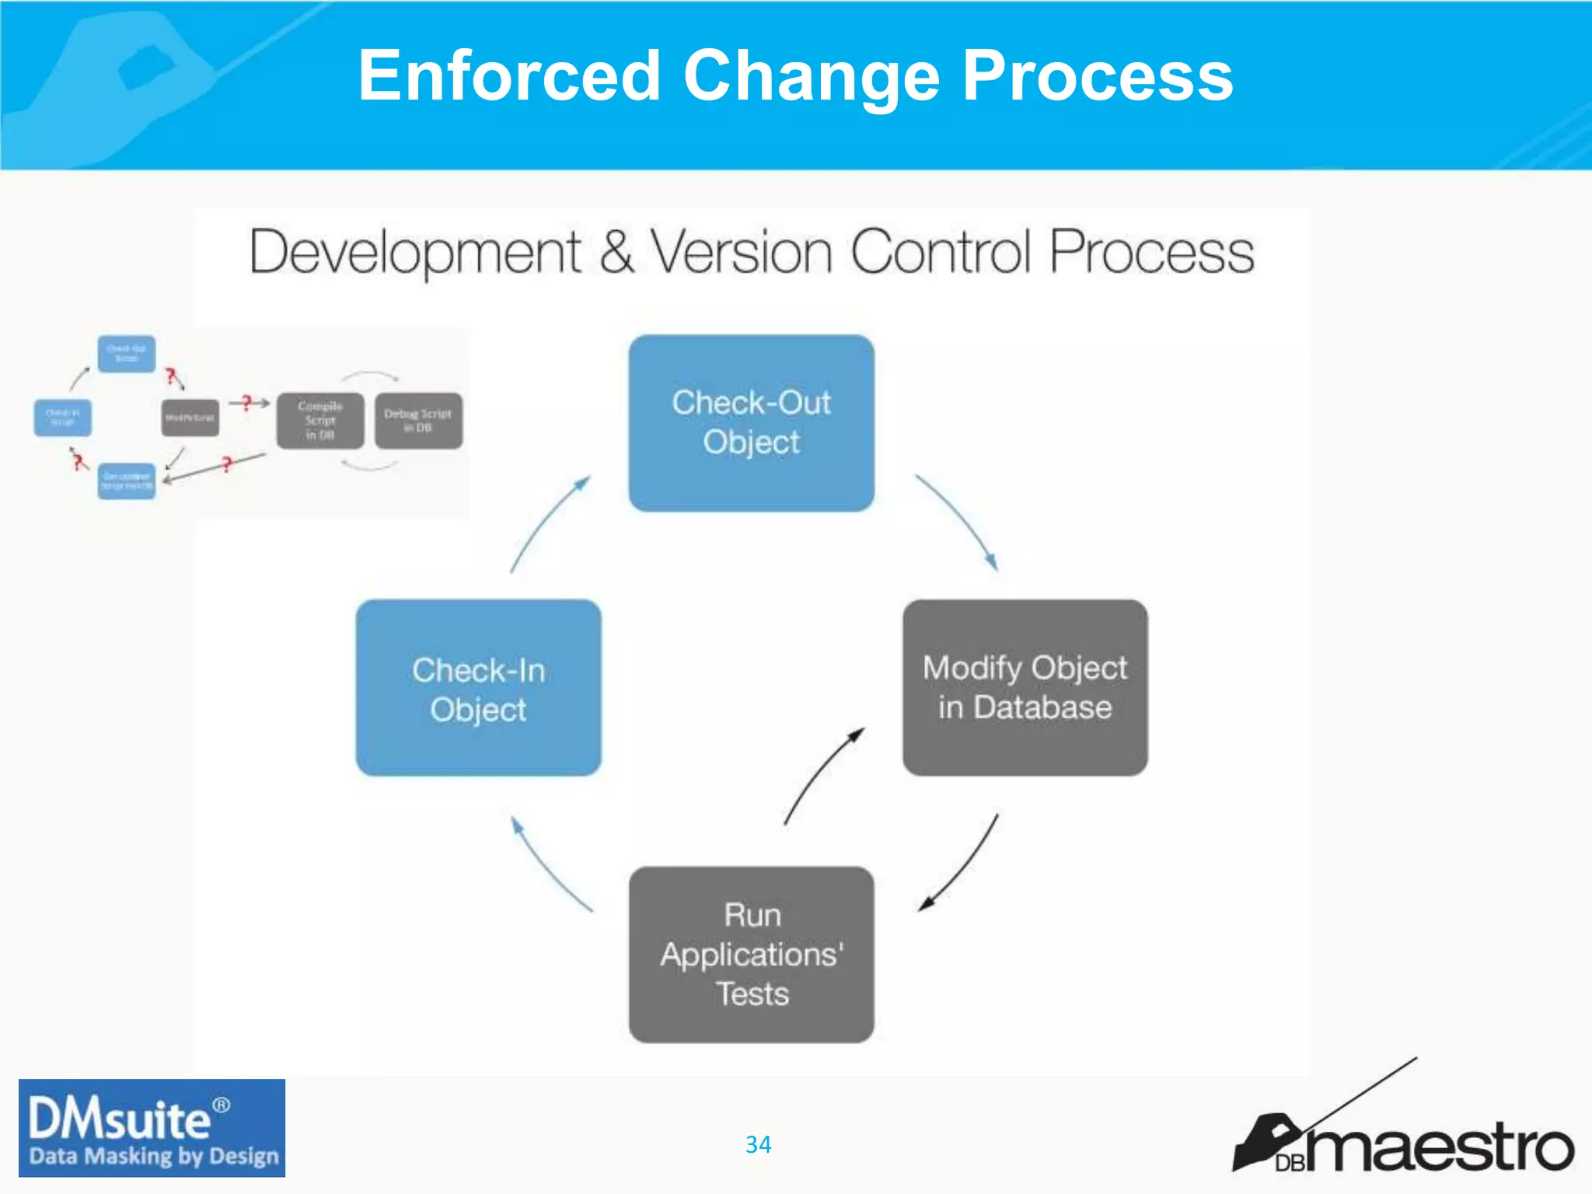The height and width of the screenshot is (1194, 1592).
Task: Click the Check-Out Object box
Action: coord(751,423)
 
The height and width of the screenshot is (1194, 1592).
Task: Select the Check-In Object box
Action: coord(478,688)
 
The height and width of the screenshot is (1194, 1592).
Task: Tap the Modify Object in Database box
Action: coord(1025,688)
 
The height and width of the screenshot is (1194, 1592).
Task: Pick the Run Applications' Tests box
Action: coord(751,955)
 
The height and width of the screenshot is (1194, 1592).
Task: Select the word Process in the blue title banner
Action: coord(1097,76)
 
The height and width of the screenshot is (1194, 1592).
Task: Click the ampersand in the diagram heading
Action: coord(616,252)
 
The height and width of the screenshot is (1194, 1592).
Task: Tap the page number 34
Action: coord(758,1144)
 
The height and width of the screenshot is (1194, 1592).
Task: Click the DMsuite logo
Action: coord(152,1128)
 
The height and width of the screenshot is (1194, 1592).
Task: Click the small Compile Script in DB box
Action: coord(319,421)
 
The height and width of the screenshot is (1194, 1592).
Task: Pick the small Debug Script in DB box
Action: coord(418,421)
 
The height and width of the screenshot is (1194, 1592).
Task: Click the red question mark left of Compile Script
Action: coord(246,402)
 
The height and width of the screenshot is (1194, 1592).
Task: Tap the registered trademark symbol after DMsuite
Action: coord(222,1105)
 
